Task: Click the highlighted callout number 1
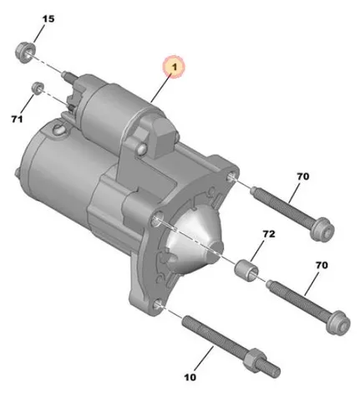tap(175, 67)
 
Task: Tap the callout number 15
tap(48, 19)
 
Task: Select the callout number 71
tap(17, 120)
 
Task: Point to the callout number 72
tap(269, 234)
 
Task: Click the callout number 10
tap(190, 377)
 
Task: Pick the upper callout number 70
tap(303, 176)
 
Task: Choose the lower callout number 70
tap(322, 265)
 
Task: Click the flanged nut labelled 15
tap(25, 52)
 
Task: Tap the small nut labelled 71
tap(38, 88)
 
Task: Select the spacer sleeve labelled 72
tap(246, 270)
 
